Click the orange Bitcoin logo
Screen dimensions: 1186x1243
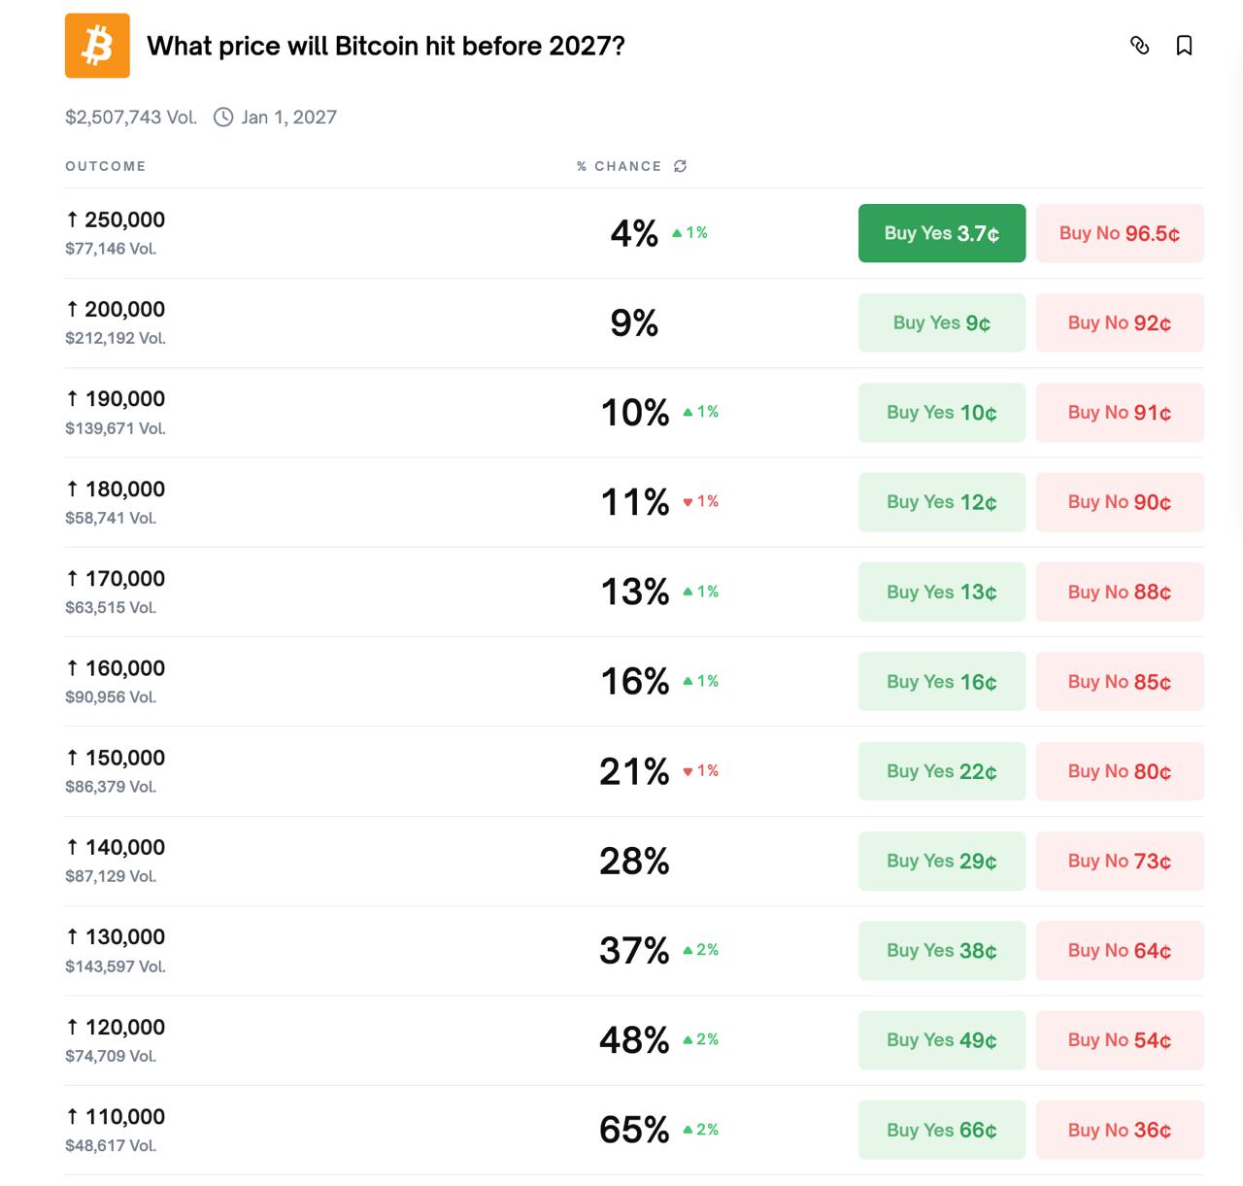pos(97,46)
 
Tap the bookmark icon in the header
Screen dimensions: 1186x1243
pos(1184,46)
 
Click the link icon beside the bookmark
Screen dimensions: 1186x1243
pos(1140,46)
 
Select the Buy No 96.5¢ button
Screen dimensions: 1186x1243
pos(1120,233)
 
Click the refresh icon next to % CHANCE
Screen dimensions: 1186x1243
pos(681,166)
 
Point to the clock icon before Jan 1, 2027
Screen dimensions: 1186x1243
pos(223,118)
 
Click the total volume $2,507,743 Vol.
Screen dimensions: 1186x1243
pos(131,118)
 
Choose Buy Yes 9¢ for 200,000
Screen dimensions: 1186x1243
pos(941,322)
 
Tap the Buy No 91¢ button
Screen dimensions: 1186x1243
pos(1120,413)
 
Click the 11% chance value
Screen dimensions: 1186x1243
pos(635,502)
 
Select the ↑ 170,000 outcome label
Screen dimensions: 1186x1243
pos(116,579)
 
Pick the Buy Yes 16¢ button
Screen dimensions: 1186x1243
pos(941,682)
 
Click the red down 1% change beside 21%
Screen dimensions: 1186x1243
pos(701,771)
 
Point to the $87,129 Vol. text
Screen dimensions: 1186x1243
pos(111,876)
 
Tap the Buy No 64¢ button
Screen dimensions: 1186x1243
pos(1120,951)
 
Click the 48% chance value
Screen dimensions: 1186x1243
pos(634,1040)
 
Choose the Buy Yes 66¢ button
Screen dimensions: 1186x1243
pos(941,1130)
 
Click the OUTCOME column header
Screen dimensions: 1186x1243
pos(106,166)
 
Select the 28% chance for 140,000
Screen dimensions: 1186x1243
pos(634,862)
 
